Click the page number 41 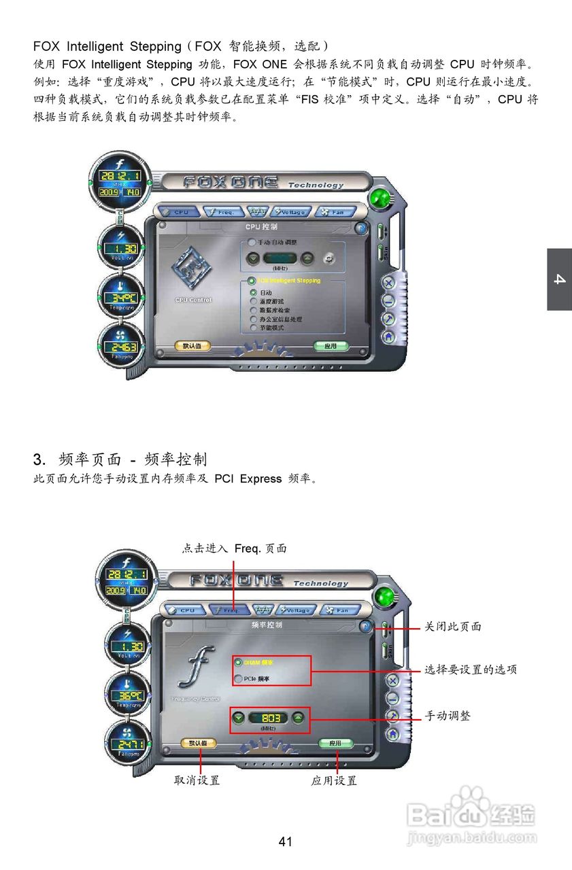pyautogui.click(x=286, y=841)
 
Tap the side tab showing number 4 pyautogui.click(x=559, y=279)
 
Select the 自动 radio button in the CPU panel pyautogui.click(x=253, y=293)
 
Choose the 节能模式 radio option pyautogui.click(x=253, y=328)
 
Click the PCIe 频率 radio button pyautogui.click(x=238, y=679)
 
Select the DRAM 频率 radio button pyautogui.click(x=238, y=662)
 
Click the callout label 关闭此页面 pyautogui.click(x=453, y=627)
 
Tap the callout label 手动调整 pyautogui.click(x=448, y=716)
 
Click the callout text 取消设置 pyautogui.click(x=197, y=781)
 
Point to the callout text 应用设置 pyautogui.click(x=334, y=781)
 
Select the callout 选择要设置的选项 pyautogui.click(x=471, y=669)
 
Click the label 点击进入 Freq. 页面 pyautogui.click(x=234, y=549)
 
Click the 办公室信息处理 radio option pyautogui.click(x=253, y=319)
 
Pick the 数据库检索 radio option pyautogui.click(x=253, y=310)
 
